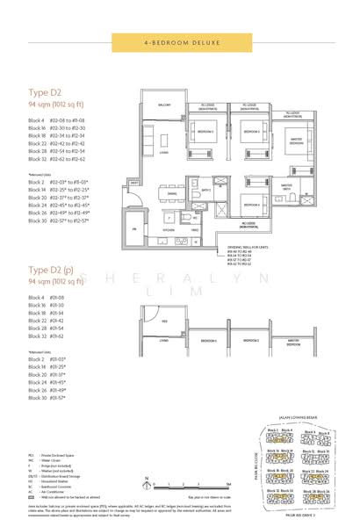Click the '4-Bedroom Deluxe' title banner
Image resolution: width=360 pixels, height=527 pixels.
[x=180, y=41]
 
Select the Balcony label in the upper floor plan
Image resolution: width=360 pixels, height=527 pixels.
[x=163, y=104]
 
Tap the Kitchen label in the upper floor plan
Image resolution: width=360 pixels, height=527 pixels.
[x=169, y=229]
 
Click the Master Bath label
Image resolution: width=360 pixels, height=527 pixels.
[x=286, y=187]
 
